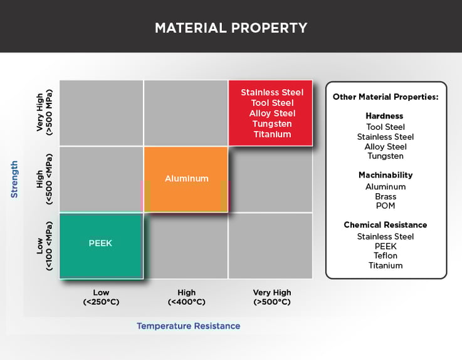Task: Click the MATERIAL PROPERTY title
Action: pos(231,28)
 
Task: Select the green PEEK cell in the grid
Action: pos(101,245)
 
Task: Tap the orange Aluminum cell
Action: pos(186,179)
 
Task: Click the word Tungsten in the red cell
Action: pos(272,124)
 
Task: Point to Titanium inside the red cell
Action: pos(272,134)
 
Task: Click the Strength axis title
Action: pos(14,179)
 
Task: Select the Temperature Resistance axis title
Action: pos(188,326)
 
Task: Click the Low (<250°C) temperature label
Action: pos(100,297)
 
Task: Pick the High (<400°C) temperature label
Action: pos(186,297)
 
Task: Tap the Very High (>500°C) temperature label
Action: pos(271,297)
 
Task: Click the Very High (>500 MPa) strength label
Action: pos(45,113)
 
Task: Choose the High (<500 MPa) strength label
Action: pos(45,179)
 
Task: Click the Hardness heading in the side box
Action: pos(385,116)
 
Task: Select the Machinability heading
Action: pos(385,175)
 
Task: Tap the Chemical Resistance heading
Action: pos(385,225)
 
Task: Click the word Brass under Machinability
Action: pos(385,196)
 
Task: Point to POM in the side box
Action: pos(385,206)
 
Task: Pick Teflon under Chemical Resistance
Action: pos(385,256)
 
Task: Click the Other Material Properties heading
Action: pos(385,97)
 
